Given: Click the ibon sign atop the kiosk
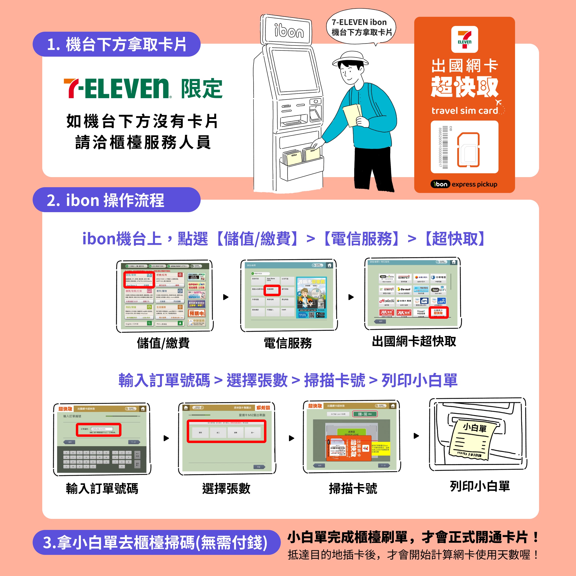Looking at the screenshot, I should [288, 30].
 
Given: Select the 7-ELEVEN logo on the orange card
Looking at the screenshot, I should [464, 39].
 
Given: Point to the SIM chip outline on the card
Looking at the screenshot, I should [468, 150].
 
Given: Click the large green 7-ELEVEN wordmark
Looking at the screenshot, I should [118, 89].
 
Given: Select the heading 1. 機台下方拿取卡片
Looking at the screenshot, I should [117, 44].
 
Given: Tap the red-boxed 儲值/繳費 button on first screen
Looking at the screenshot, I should [139, 279].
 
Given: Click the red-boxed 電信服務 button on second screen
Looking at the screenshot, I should [272, 290].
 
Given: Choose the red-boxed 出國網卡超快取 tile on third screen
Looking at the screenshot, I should [438, 312].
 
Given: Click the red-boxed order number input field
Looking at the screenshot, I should [99, 430].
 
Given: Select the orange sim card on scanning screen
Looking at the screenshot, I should [349, 448].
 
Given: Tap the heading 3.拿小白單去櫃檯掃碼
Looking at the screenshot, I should [155, 542].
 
